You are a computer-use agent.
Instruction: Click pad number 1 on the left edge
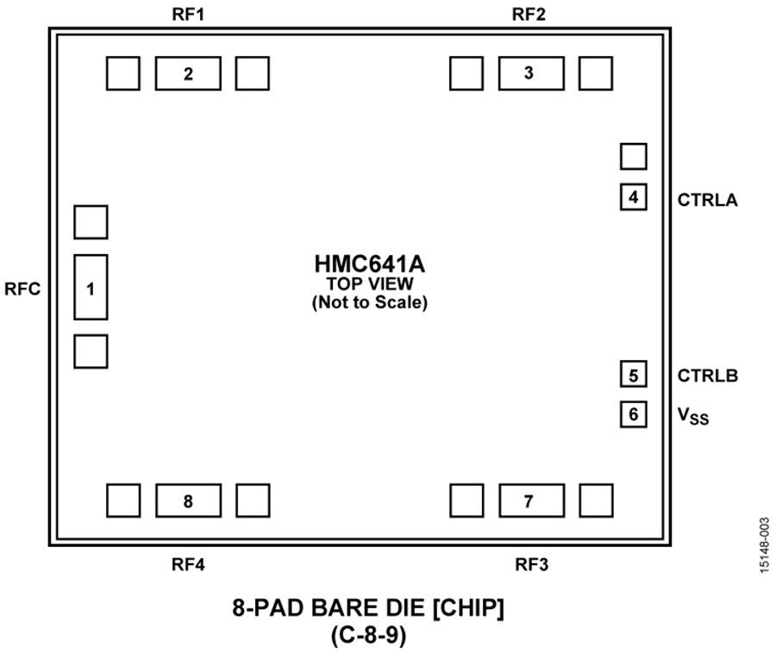click(x=91, y=287)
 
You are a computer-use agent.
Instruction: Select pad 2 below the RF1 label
click(x=188, y=73)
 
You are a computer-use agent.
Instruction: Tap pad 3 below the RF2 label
click(x=531, y=73)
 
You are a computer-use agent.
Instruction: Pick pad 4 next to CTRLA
click(x=634, y=196)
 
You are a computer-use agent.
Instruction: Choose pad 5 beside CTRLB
click(x=634, y=374)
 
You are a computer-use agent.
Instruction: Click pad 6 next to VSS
click(x=634, y=414)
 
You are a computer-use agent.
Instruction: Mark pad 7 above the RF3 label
click(x=531, y=501)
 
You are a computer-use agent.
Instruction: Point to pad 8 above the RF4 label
click(x=189, y=501)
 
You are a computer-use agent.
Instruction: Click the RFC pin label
click(x=22, y=289)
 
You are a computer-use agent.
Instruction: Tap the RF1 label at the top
click(x=188, y=15)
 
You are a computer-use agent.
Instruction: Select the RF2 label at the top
click(x=529, y=15)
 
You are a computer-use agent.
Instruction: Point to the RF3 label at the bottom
click(x=531, y=564)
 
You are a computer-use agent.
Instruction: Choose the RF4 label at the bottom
click(x=188, y=564)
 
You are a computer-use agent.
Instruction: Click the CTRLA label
click(x=707, y=200)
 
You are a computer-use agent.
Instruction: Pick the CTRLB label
click(x=708, y=376)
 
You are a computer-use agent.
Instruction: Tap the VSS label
click(x=693, y=416)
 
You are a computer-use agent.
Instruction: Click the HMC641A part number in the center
click(x=370, y=264)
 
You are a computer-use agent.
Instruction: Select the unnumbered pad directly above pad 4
click(x=634, y=156)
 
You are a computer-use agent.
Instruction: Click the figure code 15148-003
click(x=764, y=544)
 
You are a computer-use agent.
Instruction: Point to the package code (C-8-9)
click(x=369, y=635)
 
